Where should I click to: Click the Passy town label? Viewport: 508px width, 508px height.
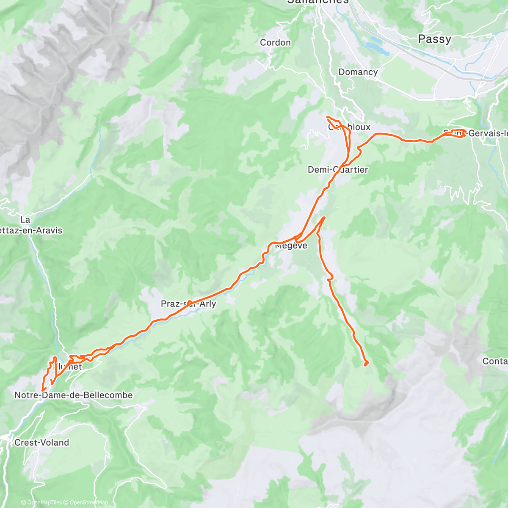tap(434, 39)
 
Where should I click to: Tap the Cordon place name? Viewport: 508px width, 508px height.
tap(275, 42)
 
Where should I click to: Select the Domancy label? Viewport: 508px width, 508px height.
tap(358, 72)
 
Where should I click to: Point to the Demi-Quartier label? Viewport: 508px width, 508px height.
tap(337, 170)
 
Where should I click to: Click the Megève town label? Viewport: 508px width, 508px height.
tap(291, 246)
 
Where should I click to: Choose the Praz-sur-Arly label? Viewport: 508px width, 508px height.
tap(188, 304)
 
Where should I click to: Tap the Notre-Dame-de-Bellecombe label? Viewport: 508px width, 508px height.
tap(74, 395)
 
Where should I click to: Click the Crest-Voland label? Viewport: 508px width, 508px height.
tap(41, 443)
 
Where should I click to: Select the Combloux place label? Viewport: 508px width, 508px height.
tap(349, 127)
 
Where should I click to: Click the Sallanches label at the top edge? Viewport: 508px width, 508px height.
tap(317, 2)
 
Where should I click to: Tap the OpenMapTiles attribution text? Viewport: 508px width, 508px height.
tap(44, 502)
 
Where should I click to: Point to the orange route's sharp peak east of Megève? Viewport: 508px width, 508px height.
tap(324, 218)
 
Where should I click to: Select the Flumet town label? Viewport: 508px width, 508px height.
tap(68, 367)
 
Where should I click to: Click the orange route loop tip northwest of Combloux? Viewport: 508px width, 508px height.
tap(328, 117)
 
